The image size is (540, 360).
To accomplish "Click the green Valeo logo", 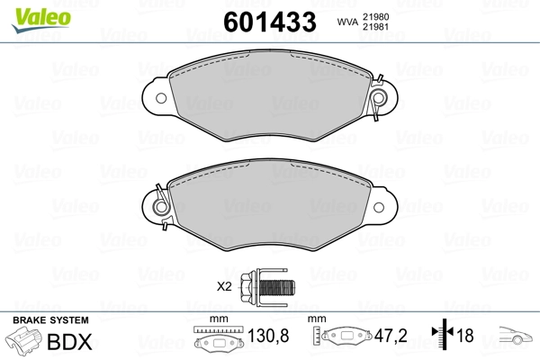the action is coord(41,20).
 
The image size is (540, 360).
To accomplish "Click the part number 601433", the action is coord(270,22).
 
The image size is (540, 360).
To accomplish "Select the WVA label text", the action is coord(347,22).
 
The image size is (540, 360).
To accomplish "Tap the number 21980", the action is coord(375,17).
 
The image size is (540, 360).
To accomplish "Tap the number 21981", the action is coord(375,27).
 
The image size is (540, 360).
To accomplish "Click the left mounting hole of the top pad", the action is coord(161,98).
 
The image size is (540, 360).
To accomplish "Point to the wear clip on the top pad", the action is coord(378,97).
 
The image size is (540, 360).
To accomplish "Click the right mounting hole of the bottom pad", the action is coord(379,207).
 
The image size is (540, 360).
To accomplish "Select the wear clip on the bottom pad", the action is coord(161,207).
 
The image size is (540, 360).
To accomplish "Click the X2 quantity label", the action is coord(224,286).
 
